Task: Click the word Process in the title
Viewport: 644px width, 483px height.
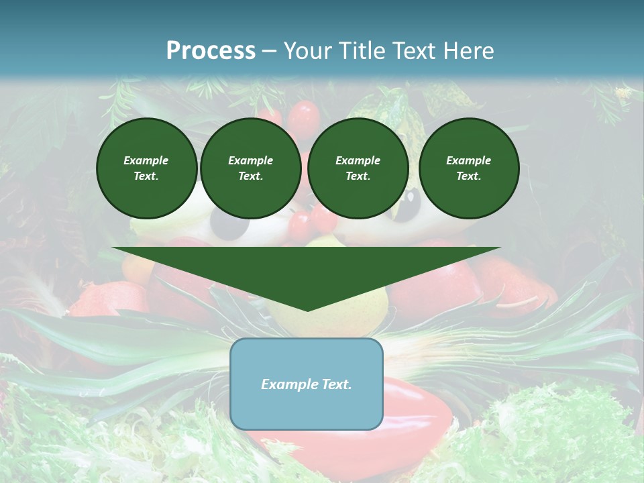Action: (x=211, y=51)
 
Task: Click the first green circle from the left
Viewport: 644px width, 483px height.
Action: (x=146, y=168)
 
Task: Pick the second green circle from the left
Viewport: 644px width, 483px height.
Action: (x=250, y=168)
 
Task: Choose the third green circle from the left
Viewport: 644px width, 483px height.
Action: (x=358, y=168)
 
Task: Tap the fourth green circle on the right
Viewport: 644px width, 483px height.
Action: (x=468, y=168)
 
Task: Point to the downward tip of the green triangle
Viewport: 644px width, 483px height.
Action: (x=307, y=309)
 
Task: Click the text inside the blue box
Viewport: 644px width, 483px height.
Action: (x=307, y=384)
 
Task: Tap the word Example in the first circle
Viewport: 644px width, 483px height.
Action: (x=146, y=160)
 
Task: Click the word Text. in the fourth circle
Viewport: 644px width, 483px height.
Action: (x=468, y=176)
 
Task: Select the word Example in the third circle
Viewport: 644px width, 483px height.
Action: (x=358, y=160)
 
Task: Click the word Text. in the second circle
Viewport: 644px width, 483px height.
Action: (x=250, y=176)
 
